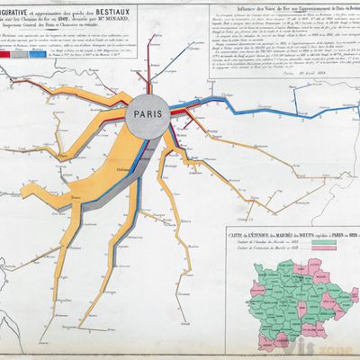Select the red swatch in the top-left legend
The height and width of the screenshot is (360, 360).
pos(13,54)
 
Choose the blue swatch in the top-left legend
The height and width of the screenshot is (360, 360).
pos(43,54)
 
